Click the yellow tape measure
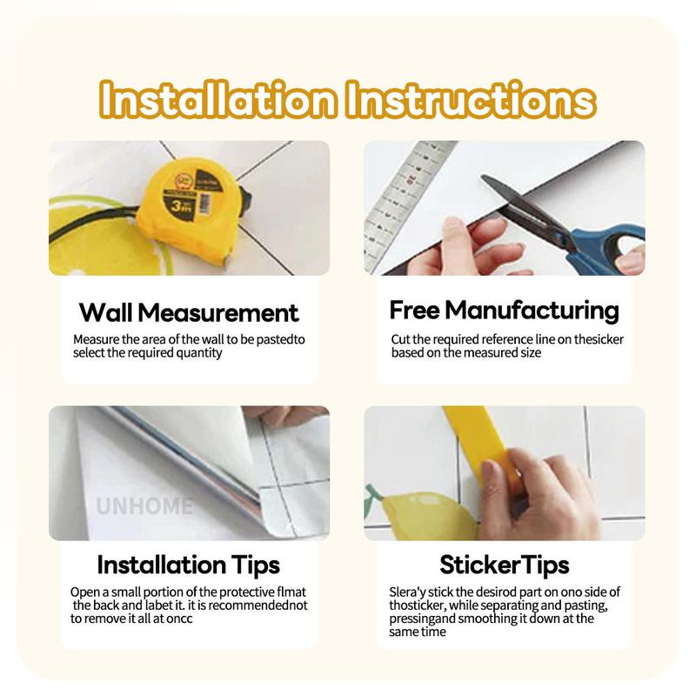tap(190, 210)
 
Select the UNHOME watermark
tap(144, 506)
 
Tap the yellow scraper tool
tap(484, 448)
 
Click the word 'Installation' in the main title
tap(217, 100)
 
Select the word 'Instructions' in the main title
tap(471, 100)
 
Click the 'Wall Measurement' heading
tap(189, 312)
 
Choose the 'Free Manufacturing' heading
tap(505, 311)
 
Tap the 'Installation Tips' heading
tap(189, 565)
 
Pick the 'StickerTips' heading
tap(505, 565)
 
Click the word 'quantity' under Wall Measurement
tap(199, 353)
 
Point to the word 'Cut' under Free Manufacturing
tap(400, 339)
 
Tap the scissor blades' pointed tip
tap(482, 177)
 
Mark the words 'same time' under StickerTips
tap(418, 632)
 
